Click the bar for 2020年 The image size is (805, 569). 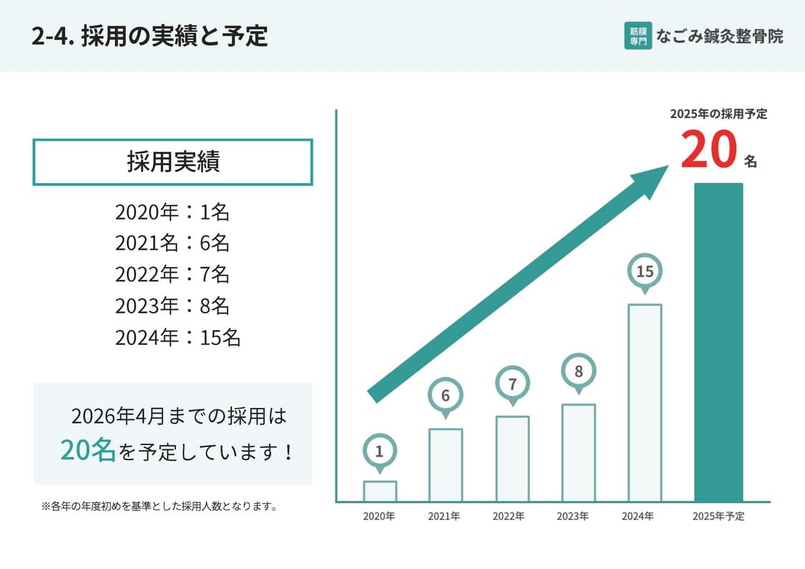[379, 491]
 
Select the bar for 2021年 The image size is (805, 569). [445, 465]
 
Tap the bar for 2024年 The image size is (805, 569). [644, 402]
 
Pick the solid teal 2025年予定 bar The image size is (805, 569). [718, 342]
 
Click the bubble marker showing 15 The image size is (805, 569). [645, 272]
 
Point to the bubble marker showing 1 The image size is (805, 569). [379, 452]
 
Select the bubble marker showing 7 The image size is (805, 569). [512, 384]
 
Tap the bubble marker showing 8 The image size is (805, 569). [578, 371]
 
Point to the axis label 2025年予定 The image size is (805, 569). [718, 516]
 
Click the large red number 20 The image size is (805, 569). [708, 151]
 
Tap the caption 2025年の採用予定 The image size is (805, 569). [718, 114]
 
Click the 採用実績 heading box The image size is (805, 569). [172, 162]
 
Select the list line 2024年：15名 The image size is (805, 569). [177, 337]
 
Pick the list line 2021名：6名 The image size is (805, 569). [172, 243]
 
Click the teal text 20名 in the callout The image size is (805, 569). [87, 451]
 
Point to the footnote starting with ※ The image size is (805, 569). [160, 507]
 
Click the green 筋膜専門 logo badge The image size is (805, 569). [638, 36]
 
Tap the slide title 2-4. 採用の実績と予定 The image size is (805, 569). [150, 36]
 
